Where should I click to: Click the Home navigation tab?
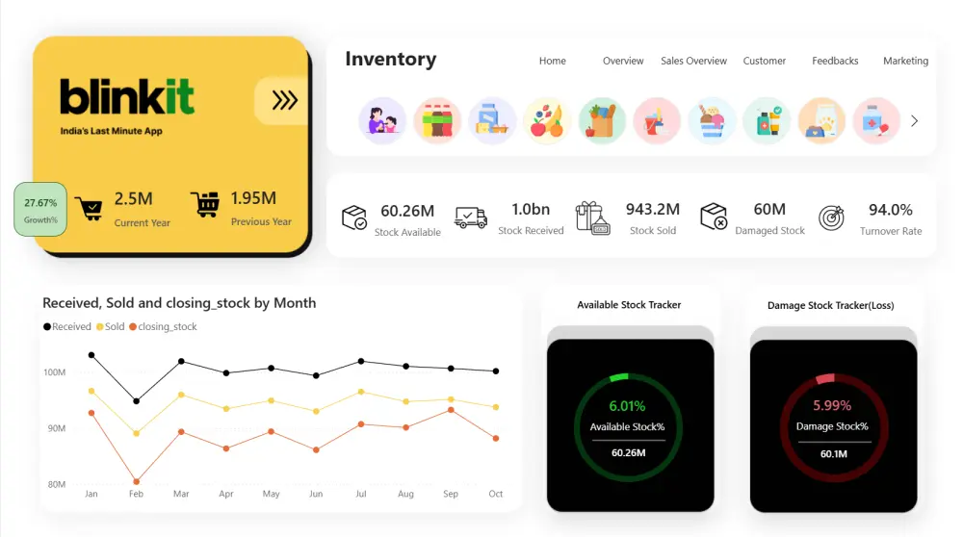[552, 61]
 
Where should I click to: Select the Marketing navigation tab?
[905, 61]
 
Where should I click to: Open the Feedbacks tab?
[835, 61]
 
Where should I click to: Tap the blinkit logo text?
[126, 97]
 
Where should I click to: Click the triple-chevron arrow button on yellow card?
[284, 100]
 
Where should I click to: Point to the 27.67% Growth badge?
[40, 210]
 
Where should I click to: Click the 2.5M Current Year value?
[134, 199]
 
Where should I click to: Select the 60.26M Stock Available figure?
[407, 211]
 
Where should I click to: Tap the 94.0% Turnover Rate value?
[890, 210]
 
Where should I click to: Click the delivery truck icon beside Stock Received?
[470, 217]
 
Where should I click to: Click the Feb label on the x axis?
[136, 494]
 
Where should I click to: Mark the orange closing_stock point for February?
[136, 481]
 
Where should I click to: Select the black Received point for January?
[91, 355]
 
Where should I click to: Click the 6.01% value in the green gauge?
[627, 406]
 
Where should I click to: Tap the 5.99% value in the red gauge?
[832, 406]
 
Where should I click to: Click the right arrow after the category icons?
[914, 121]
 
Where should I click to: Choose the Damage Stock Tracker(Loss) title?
[830, 305]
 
